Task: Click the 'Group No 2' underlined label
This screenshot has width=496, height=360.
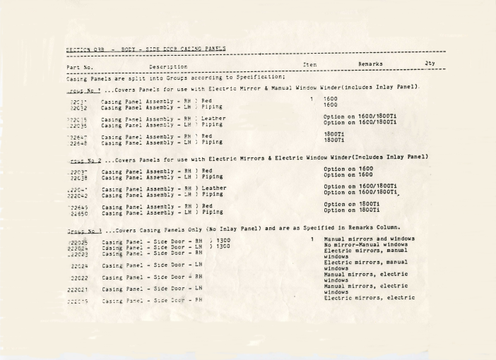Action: (88, 155)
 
